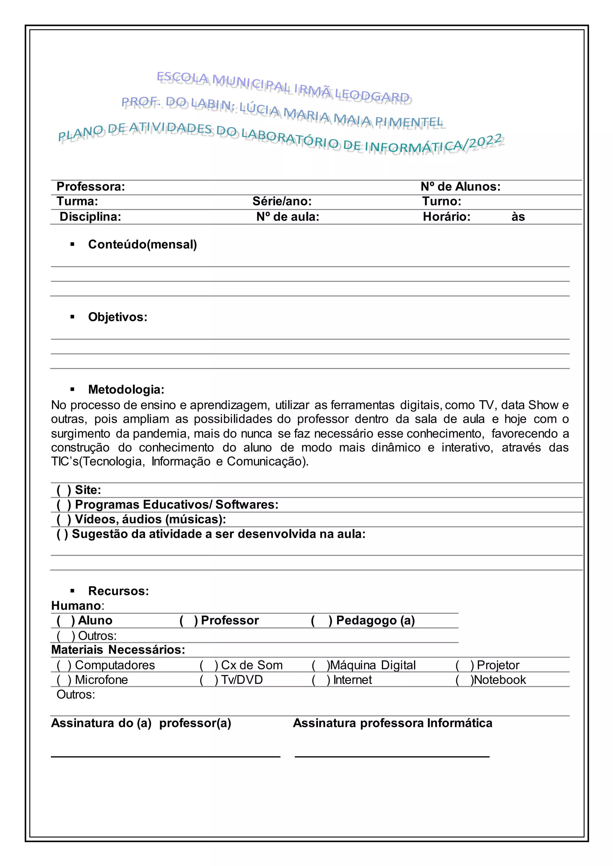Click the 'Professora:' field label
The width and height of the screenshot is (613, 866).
click(91, 186)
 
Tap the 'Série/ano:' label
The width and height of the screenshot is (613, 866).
click(282, 201)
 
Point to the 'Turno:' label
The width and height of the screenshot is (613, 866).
click(441, 201)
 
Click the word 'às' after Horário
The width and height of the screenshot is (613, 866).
click(518, 216)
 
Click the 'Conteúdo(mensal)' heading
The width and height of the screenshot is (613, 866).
click(142, 244)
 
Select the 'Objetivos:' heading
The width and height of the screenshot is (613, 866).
click(117, 317)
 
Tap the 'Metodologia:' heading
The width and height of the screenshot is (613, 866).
click(126, 389)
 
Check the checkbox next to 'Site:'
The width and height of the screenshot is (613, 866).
click(64, 490)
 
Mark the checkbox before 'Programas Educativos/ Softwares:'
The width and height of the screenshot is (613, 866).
click(64, 505)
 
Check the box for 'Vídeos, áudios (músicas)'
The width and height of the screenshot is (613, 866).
click(64, 519)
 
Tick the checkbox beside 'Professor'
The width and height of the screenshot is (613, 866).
click(189, 620)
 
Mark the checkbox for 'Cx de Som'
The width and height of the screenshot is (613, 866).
click(209, 665)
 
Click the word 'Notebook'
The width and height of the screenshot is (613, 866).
click(500, 680)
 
